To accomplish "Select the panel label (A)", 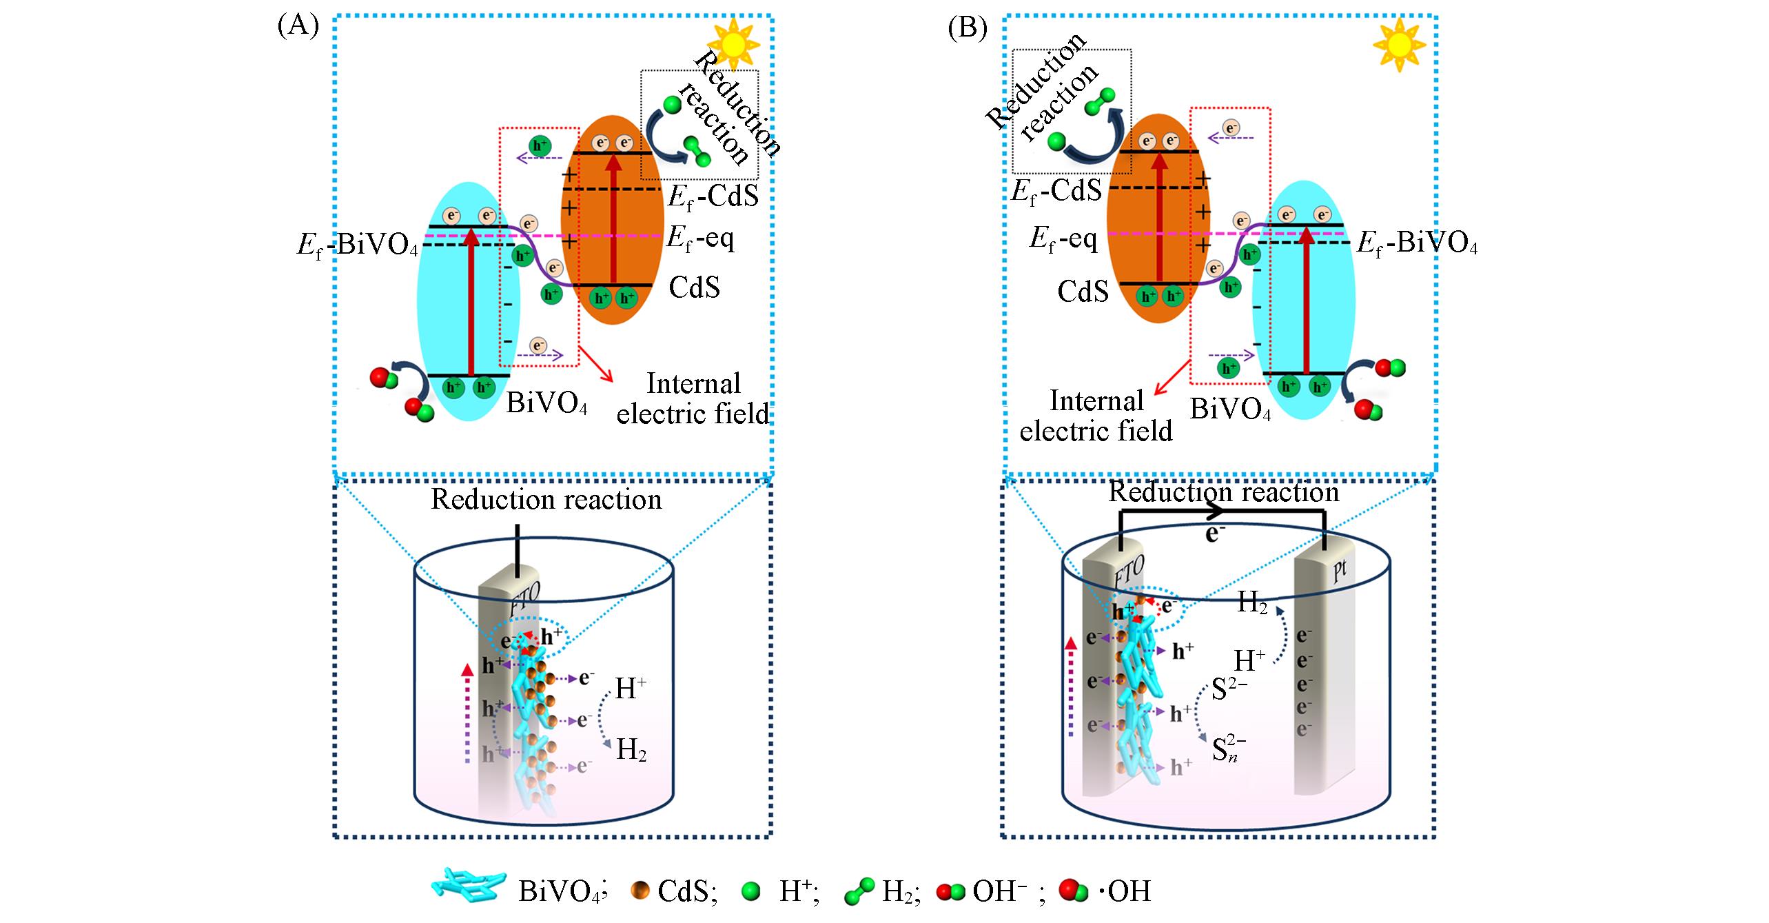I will [298, 27].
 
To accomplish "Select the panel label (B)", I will [968, 28].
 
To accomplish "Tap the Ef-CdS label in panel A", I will [713, 196].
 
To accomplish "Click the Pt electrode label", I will [1340, 574].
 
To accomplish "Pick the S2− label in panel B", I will [1229, 690].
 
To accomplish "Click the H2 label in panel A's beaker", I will [631, 750].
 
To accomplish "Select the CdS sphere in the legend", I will [641, 891].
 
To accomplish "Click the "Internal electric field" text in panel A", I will [693, 399].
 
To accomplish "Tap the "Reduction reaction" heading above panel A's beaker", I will [546, 499].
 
